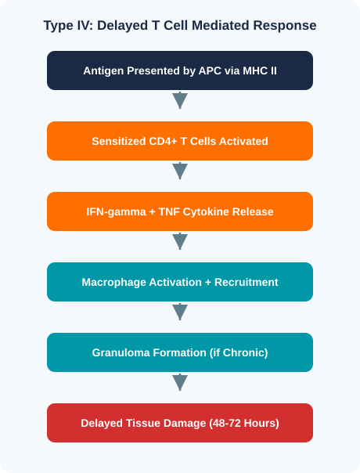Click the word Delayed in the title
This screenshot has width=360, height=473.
pos(122,25)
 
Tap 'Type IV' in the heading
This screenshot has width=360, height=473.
pos(68,25)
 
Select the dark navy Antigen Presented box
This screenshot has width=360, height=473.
pos(180,70)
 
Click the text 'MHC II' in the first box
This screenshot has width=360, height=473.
pos(260,70)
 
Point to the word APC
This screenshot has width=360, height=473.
pos(210,70)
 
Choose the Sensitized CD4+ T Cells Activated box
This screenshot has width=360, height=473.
pos(180,141)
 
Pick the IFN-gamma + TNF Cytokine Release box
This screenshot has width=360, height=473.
pos(180,211)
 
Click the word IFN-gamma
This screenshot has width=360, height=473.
pos(116,211)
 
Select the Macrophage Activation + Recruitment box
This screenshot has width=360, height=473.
pos(180,282)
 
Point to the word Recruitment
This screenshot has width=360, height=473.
pos(246,283)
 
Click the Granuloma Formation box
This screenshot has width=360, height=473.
pos(180,352)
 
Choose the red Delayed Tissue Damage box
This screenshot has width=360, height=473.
pos(180,423)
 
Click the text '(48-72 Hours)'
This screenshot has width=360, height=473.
pos(244,423)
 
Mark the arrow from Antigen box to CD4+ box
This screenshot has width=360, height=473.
pos(180,100)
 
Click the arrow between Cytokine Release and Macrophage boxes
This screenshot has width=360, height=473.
pos(180,241)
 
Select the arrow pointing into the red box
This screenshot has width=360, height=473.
pos(180,382)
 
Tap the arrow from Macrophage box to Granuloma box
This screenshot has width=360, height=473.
pos(180,312)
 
